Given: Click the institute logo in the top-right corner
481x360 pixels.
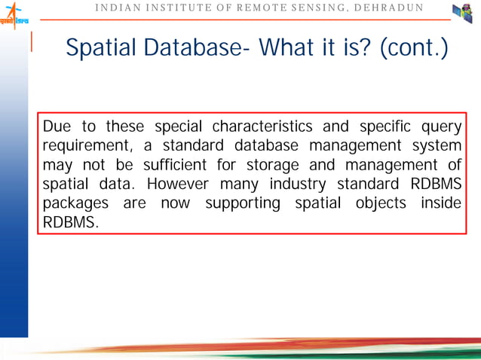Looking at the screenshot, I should click(461, 14).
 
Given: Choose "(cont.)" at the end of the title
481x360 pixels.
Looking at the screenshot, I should click(414, 49).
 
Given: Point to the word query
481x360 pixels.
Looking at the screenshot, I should click(442, 126).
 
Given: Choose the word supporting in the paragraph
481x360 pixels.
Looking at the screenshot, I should click(242, 204).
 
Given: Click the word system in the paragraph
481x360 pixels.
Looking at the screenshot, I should click(434, 145).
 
